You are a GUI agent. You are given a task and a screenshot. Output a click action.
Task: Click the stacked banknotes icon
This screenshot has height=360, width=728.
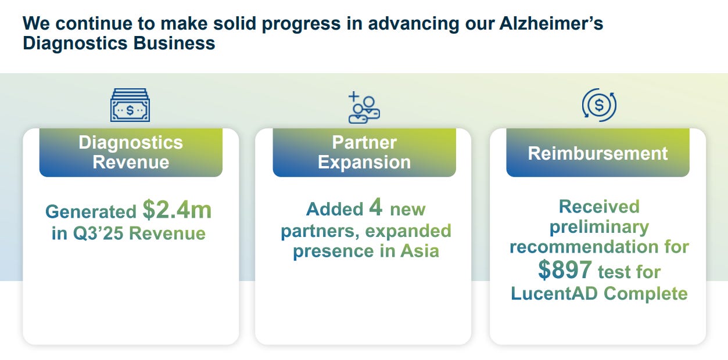130,105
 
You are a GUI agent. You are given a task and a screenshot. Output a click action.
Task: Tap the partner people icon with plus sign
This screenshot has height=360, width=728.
364,107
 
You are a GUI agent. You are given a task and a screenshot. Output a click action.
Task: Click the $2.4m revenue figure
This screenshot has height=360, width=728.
177,210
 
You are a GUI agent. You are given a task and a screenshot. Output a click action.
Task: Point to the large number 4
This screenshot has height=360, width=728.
375,207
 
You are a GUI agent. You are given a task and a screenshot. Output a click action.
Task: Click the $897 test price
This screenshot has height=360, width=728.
565,270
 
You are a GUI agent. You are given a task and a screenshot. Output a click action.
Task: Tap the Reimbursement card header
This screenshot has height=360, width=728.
597,153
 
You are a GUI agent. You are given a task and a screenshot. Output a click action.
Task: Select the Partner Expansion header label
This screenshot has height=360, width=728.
364,152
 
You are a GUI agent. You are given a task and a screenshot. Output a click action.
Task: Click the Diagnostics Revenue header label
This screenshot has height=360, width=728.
131,152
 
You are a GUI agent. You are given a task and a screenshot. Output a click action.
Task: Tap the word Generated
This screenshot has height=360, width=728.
91,212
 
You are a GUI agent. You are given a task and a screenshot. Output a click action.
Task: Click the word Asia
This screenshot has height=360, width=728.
419,251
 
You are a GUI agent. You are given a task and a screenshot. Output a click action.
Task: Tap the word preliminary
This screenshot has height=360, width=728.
599,226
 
